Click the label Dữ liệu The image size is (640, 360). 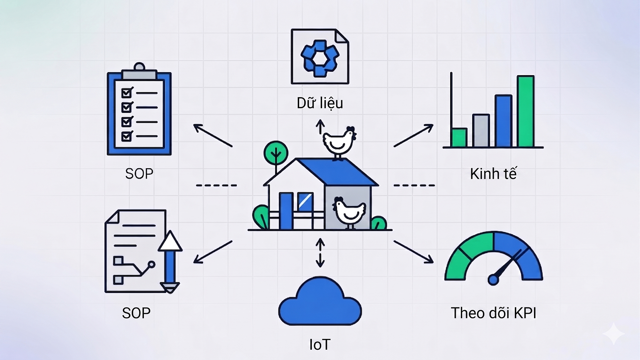click(x=320, y=103)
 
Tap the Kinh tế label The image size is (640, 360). click(x=493, y=174)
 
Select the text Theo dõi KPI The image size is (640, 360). click(x=493, y=313)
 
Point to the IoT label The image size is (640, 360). click(x=320, y=344)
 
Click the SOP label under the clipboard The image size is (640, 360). click(x=139, y=173)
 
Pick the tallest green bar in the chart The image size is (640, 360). click(x=526, y=112)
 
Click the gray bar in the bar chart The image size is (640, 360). click(x=481, y=131)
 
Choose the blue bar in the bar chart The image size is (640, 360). click(x=503, y=121)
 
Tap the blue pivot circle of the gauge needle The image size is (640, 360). click(x=493, y=279)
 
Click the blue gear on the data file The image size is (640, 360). click(x=320, y=58)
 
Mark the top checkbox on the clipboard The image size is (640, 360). click(x=126, y=93)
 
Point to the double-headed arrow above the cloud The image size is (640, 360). click(x=320, y=253)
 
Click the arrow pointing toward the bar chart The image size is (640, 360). click(x=414, y=135)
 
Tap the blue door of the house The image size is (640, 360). click(x=286, y=211)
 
